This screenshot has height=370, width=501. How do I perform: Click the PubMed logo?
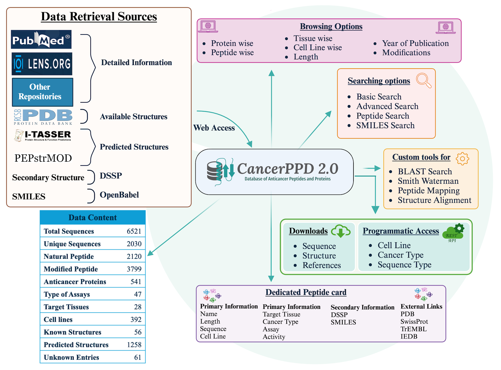pyautogui.click(x=41, y=40)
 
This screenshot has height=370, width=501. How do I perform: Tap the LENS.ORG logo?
pyautogui.click(x=42, y=64)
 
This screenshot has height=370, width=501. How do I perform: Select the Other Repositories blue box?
pyautogui.click(x=43, y=92)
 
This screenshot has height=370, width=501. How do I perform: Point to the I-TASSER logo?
pyautogui.click(x=43, y=135)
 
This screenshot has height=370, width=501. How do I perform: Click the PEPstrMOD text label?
pyautogui.click(x=43, y=158)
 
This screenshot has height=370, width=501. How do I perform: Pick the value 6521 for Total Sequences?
pyautogui.click(x=134, y=231)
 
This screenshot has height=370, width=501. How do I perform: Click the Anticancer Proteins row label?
pyautogui.click(x=75, y=282)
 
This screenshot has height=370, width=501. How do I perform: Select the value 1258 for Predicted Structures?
pyautogui.click(x=134, y=345)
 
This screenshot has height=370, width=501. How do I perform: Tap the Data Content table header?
pyautogui.click(x=93, y=217)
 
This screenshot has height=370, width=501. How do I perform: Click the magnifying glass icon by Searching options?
pyautogui.click(x=423, y=80)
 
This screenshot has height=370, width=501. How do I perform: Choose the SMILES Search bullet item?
pyautogui.click(x=385, y=125)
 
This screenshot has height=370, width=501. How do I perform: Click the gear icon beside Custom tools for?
pyautogui.click(x=462, y=159)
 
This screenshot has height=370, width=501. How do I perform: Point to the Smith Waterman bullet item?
pyautogui.click(x=428, y=181)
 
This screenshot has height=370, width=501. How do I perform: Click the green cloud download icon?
pyautogui.click(x=340, y=231)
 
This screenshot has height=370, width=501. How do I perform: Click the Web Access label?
pyautogui.click(x=214, y=128)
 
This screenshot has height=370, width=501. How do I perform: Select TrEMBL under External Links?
pyautogui.click(x=413, y=329)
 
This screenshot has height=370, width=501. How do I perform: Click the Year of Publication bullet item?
pyautogui.click(x=415, y=43)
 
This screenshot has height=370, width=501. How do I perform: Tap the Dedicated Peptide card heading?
pyautogui.click(x=306, y=292)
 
